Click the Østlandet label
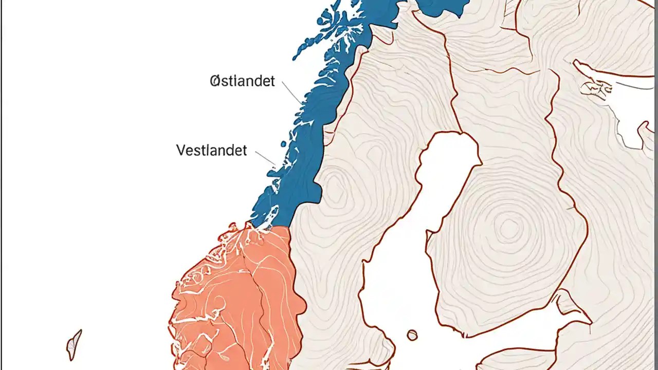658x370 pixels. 243,81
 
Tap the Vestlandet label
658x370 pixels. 211,151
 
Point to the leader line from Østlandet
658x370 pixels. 291,95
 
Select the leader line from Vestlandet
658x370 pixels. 265,158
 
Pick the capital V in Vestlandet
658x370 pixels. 181,151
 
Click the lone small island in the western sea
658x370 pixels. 74,345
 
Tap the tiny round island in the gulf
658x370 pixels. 412,336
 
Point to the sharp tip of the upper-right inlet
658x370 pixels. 576,62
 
